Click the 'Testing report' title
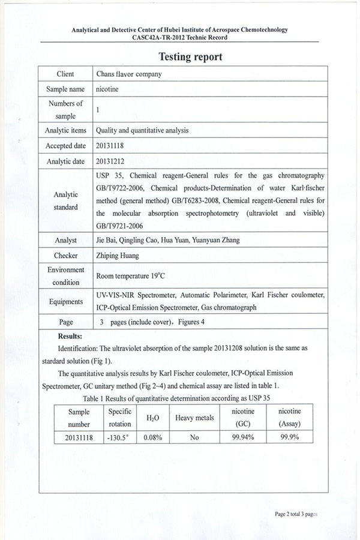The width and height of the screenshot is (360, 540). point(190,57)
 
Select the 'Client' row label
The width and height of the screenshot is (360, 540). point(65,74)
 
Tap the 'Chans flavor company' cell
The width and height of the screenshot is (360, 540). point(128,74)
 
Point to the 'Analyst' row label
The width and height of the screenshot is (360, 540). point(65,240)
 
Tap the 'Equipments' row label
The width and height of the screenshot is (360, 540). point(66,302)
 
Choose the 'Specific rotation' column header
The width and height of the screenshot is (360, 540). point(120,418)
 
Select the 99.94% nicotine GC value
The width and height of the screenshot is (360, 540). point(242,437)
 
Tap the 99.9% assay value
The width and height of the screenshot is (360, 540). point(290,437)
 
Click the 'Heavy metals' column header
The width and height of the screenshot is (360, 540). point(194,418)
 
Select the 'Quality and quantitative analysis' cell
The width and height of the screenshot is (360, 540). point(142,130)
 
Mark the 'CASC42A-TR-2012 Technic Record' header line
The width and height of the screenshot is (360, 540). point(179,37)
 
